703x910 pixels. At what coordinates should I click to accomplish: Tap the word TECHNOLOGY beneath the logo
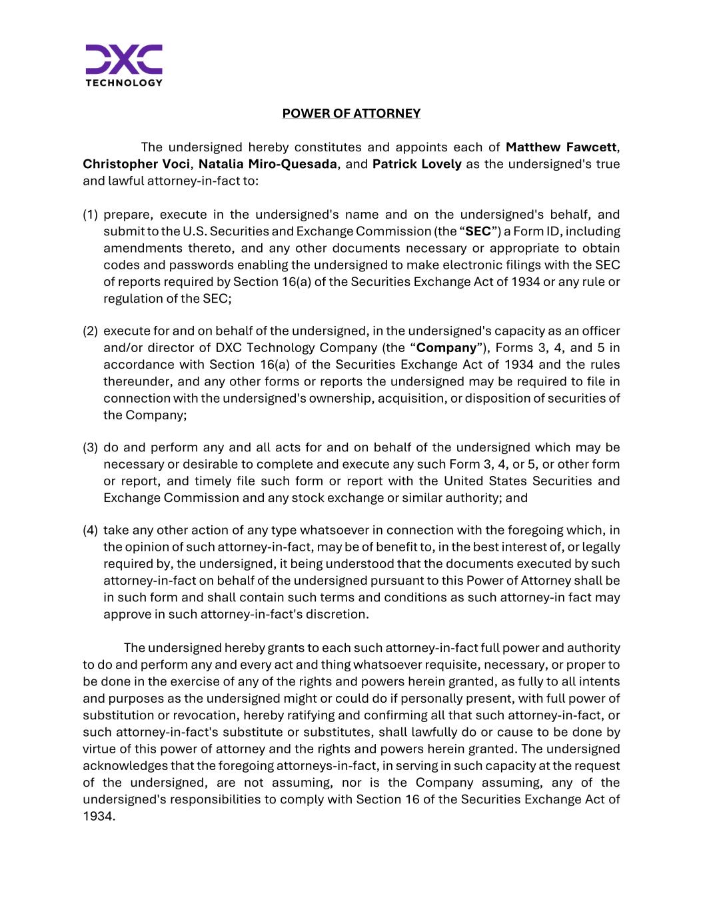click(124, 83)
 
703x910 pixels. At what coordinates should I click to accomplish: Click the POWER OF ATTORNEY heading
click(351, 113)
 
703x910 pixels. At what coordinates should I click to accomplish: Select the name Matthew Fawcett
click(561, 147)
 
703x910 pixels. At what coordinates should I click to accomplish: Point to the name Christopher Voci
click(136, 164)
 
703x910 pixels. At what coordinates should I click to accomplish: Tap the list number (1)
click(90, 215)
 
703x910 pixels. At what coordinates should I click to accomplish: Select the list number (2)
click(90, 331)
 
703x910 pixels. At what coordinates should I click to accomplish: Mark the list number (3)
click(90, 447)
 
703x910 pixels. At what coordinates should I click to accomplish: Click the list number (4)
click(90, 531)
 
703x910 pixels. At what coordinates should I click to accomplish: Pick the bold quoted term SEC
click(478, 231)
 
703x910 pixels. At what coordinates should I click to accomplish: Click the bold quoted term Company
click(446, 348)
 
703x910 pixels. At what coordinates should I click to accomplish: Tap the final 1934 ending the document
click(97, 816)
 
